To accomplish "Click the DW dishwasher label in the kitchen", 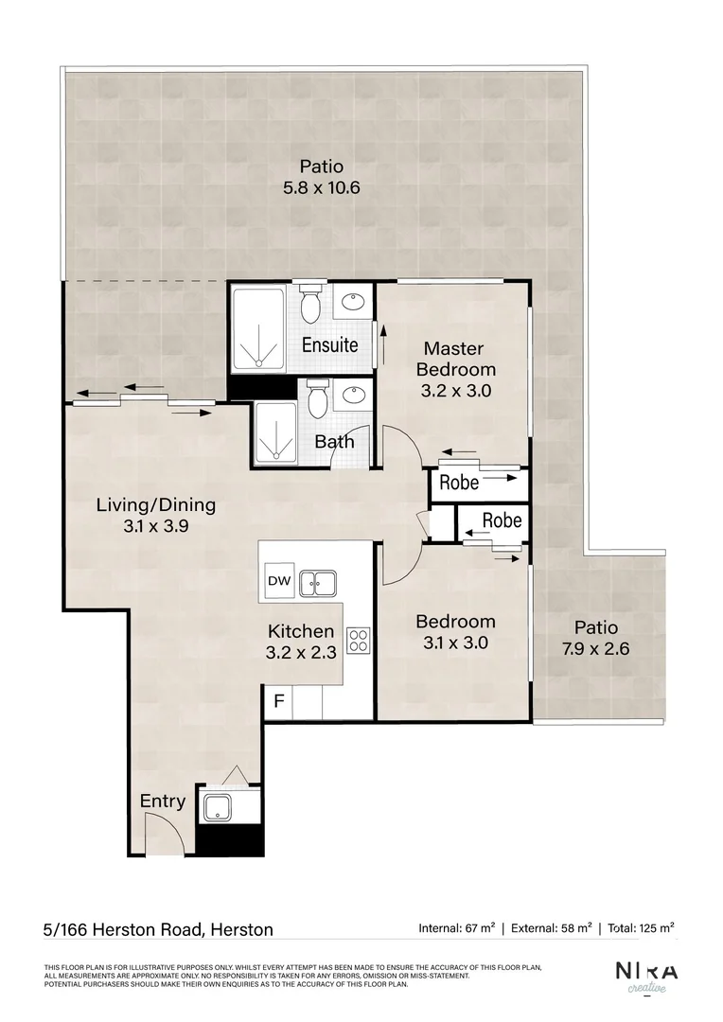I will (278, 581).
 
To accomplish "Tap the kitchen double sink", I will (319, 583).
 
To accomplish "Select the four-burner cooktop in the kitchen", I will (359, 640).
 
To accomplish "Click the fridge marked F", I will (278, 702).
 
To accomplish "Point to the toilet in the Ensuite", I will (309, 305).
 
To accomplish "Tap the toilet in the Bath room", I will (318, 401).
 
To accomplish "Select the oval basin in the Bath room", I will (355, 395).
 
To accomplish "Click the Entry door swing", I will (161, 833).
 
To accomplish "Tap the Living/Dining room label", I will (155, 504).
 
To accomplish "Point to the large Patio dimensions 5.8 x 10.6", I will (322, 188).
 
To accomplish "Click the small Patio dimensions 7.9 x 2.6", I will (596, 649).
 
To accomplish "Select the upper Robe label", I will (459, 483).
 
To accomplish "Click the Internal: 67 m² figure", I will (452, 928).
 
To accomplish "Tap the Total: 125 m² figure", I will (643, 928).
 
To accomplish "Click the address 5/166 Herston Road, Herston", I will (158, 929).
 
